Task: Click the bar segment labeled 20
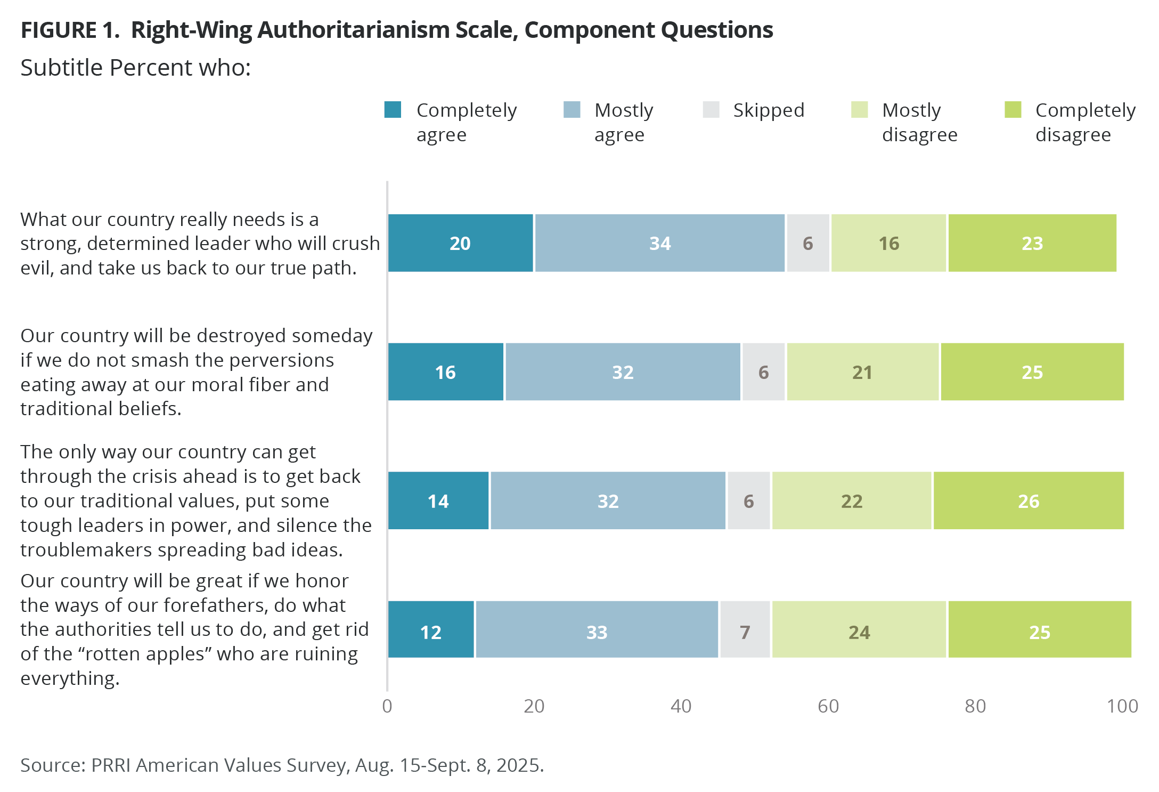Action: (460, 243)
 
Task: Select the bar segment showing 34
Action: (659, 243)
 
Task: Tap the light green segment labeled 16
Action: (888, 243)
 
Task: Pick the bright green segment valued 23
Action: (1032, 243)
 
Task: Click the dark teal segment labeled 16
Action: (445, 372)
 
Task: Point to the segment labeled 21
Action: (862, 372)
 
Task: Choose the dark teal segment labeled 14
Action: (438, 501)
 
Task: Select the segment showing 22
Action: (851, 501)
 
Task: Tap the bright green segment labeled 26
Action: (1028, 501)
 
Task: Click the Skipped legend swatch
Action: (711, 110)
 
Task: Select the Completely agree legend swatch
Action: (393, 110)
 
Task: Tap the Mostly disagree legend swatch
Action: (859, 110)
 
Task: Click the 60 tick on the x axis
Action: (828, 706)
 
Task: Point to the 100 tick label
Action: (1122, 706)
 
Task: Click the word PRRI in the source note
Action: (111, 765)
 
